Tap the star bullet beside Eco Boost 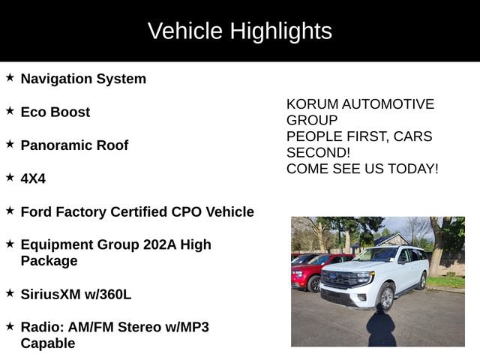point(10,110)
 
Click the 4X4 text point(33,178)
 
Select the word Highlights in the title point(280,31)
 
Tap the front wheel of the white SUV point(385,298)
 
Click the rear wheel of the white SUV point(422,280)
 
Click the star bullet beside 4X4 point(10,177)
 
